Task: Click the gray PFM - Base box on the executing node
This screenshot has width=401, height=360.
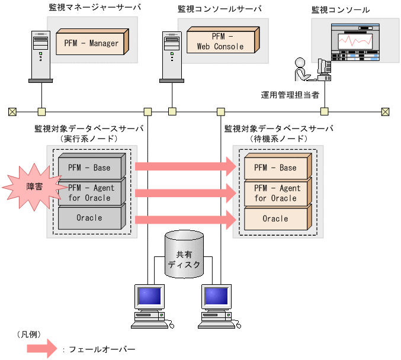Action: [91, 168]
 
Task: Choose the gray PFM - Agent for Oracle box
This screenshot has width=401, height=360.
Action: [91, 192]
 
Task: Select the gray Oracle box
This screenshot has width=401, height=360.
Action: [91, 218]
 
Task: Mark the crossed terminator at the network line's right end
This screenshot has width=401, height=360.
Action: [386, 111]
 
